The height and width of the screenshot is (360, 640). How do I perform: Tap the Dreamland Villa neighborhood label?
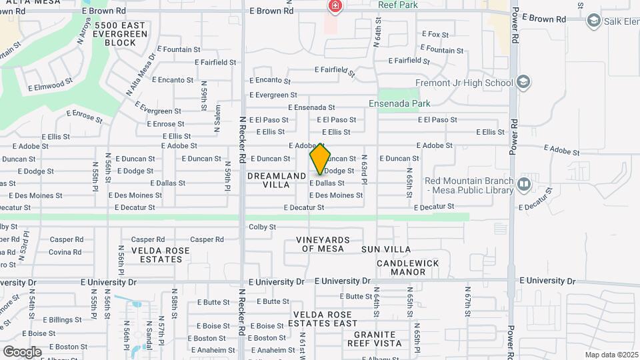(x=277, y=180)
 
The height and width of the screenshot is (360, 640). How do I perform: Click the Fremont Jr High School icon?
(x=523, y=83)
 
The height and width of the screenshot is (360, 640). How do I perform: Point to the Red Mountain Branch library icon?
(x=524, y=183)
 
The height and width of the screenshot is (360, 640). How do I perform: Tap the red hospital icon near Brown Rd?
(x=335, y=7)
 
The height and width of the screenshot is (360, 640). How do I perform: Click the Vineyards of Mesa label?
(x=323, y=244)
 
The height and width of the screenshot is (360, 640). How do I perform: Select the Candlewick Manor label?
(x=408, y=267)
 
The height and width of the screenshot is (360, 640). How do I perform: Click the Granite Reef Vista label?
(x=375, y=339)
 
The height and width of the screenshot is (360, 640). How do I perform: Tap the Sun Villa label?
(x=386, y=249)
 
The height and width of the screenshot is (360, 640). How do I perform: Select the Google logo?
(x=22, y=351)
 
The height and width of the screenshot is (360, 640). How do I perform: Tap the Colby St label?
(x=262, y=227)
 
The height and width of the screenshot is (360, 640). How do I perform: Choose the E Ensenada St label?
(x=311, y=107)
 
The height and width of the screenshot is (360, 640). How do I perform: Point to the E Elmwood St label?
(x=50, y=85)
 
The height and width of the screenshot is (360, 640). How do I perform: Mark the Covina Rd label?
(x=65, y=252)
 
